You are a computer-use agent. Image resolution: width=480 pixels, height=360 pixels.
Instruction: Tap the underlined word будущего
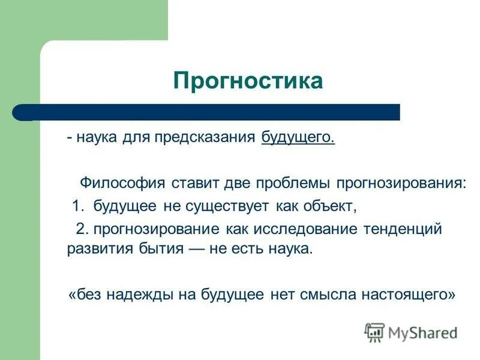point(298,137)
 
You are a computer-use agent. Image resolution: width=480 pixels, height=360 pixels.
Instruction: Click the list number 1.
point(76,206)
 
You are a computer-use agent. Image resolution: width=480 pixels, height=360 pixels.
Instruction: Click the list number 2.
point(80,229)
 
